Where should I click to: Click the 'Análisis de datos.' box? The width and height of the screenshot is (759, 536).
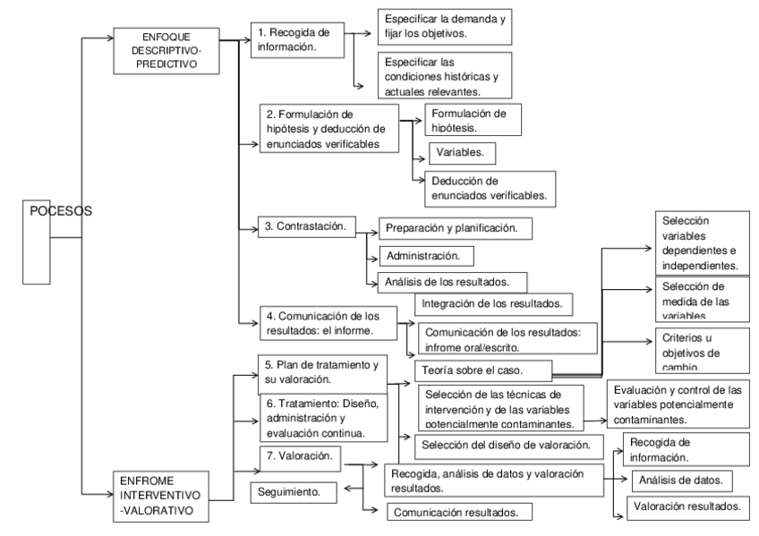coord(681,481)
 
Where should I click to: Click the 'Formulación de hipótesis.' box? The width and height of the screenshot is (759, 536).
coord(473,119)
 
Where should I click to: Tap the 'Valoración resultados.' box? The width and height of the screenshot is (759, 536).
coord(687,506)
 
